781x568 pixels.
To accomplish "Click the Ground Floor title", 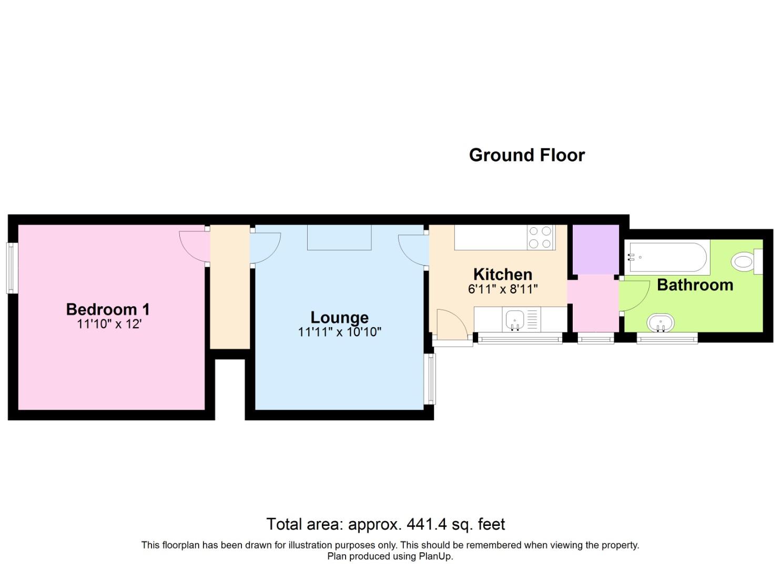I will [526, 155].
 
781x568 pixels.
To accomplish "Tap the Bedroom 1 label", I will [108, 309].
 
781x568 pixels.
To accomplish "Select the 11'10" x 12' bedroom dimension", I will [109, 324].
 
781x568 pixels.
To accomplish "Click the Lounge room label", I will [339, 317].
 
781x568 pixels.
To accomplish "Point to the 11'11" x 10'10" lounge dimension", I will [339, 332].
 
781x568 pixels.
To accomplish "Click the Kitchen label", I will [502, 274].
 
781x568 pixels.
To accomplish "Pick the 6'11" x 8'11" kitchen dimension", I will [502, 289].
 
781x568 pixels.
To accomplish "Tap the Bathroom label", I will [695, 285].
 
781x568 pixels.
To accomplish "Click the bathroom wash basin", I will [661, 322].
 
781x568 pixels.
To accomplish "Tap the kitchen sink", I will [514, 319].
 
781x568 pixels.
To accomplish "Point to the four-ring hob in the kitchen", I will [541, 237].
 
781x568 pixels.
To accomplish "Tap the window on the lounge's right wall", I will [431, 378].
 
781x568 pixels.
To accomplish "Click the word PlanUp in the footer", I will [434, 556].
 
